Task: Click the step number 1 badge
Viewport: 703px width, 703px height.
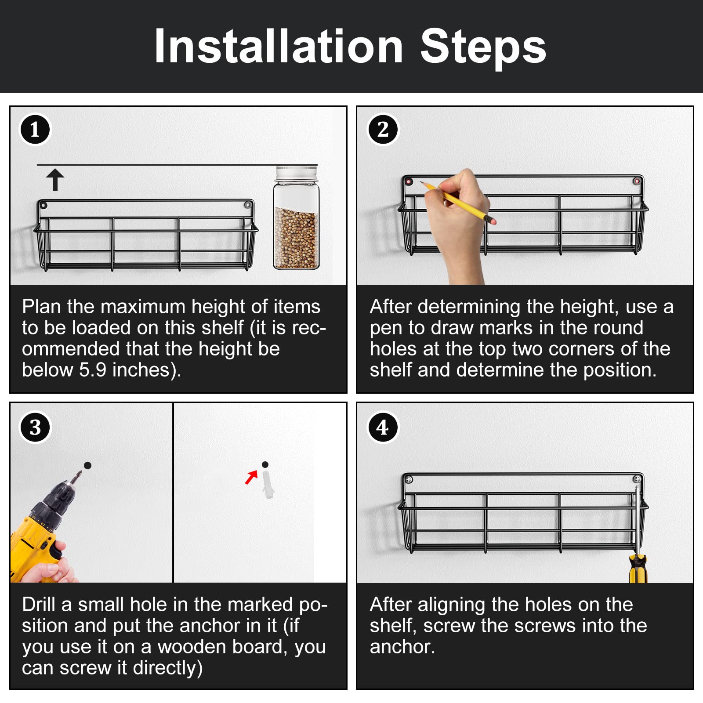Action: click(x=35, y=130)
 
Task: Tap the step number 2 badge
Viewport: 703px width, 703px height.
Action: click(x=383, y=130)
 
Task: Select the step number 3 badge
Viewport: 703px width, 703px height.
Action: click(x=35, y=427)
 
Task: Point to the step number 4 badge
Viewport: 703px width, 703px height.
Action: click(x=383, y=427)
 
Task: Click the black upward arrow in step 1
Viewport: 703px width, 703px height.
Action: click(x=55, y=180)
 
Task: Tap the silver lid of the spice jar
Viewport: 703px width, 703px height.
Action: click(x=297, y=173)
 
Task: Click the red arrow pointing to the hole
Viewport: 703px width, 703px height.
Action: click(x=251, y=477)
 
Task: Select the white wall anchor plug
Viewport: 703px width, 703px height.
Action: click(x=268, y=484)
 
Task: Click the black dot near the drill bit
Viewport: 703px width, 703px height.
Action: click(x=87, y=465)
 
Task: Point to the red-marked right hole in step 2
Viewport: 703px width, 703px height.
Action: click(x=637, y=181)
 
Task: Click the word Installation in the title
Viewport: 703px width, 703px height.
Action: click(x=279, y=47)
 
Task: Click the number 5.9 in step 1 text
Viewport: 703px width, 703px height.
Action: click(x=93, y=370)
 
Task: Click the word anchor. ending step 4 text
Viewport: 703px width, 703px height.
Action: click(x=402, y=647)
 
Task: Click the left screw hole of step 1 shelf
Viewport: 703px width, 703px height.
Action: click(x=43, y=205)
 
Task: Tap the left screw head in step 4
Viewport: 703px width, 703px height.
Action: click(x=409, y=479)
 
